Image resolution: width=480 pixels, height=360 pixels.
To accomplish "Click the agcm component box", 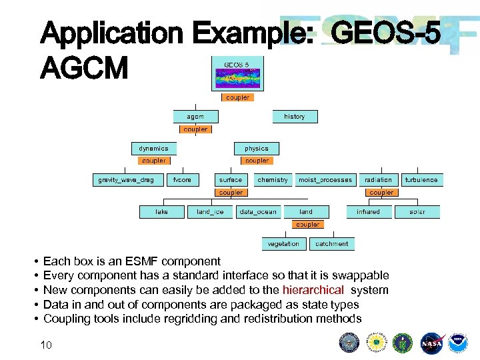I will pos(195,117).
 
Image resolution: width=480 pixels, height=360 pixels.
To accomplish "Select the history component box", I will pos(294,117).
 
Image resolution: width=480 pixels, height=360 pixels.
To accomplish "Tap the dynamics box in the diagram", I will pos(153,148).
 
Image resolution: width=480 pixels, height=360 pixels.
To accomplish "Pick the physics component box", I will pos(257,148).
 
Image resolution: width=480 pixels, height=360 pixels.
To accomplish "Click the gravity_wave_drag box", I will pos(126,180).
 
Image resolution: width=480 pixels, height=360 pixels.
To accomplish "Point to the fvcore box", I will pos(182,180).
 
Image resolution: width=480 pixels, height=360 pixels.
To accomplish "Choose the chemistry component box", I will pos(273,180).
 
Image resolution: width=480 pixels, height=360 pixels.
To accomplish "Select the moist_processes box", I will pos(325,180).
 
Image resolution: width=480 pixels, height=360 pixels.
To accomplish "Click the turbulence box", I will pos(421,180).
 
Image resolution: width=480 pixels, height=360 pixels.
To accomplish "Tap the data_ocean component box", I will pos(258,212).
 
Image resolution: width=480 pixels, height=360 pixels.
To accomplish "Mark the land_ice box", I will pos(210,212).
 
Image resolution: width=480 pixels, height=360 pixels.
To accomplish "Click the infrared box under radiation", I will pos(368,212).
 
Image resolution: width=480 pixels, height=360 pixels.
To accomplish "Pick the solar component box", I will pos(417,212).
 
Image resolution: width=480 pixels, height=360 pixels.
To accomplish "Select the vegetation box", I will pos(283,244).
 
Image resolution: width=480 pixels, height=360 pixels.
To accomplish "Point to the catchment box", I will pos(331,244).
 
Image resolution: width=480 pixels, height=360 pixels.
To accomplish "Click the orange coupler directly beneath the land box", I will pos(307,225).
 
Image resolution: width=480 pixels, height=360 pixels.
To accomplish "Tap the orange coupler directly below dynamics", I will pos(153,161).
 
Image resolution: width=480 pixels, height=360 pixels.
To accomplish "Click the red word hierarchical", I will pos(313,290).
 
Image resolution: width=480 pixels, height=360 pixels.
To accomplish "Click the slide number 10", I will pos(46,344).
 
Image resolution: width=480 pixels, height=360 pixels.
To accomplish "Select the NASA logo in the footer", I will pos(431,343).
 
